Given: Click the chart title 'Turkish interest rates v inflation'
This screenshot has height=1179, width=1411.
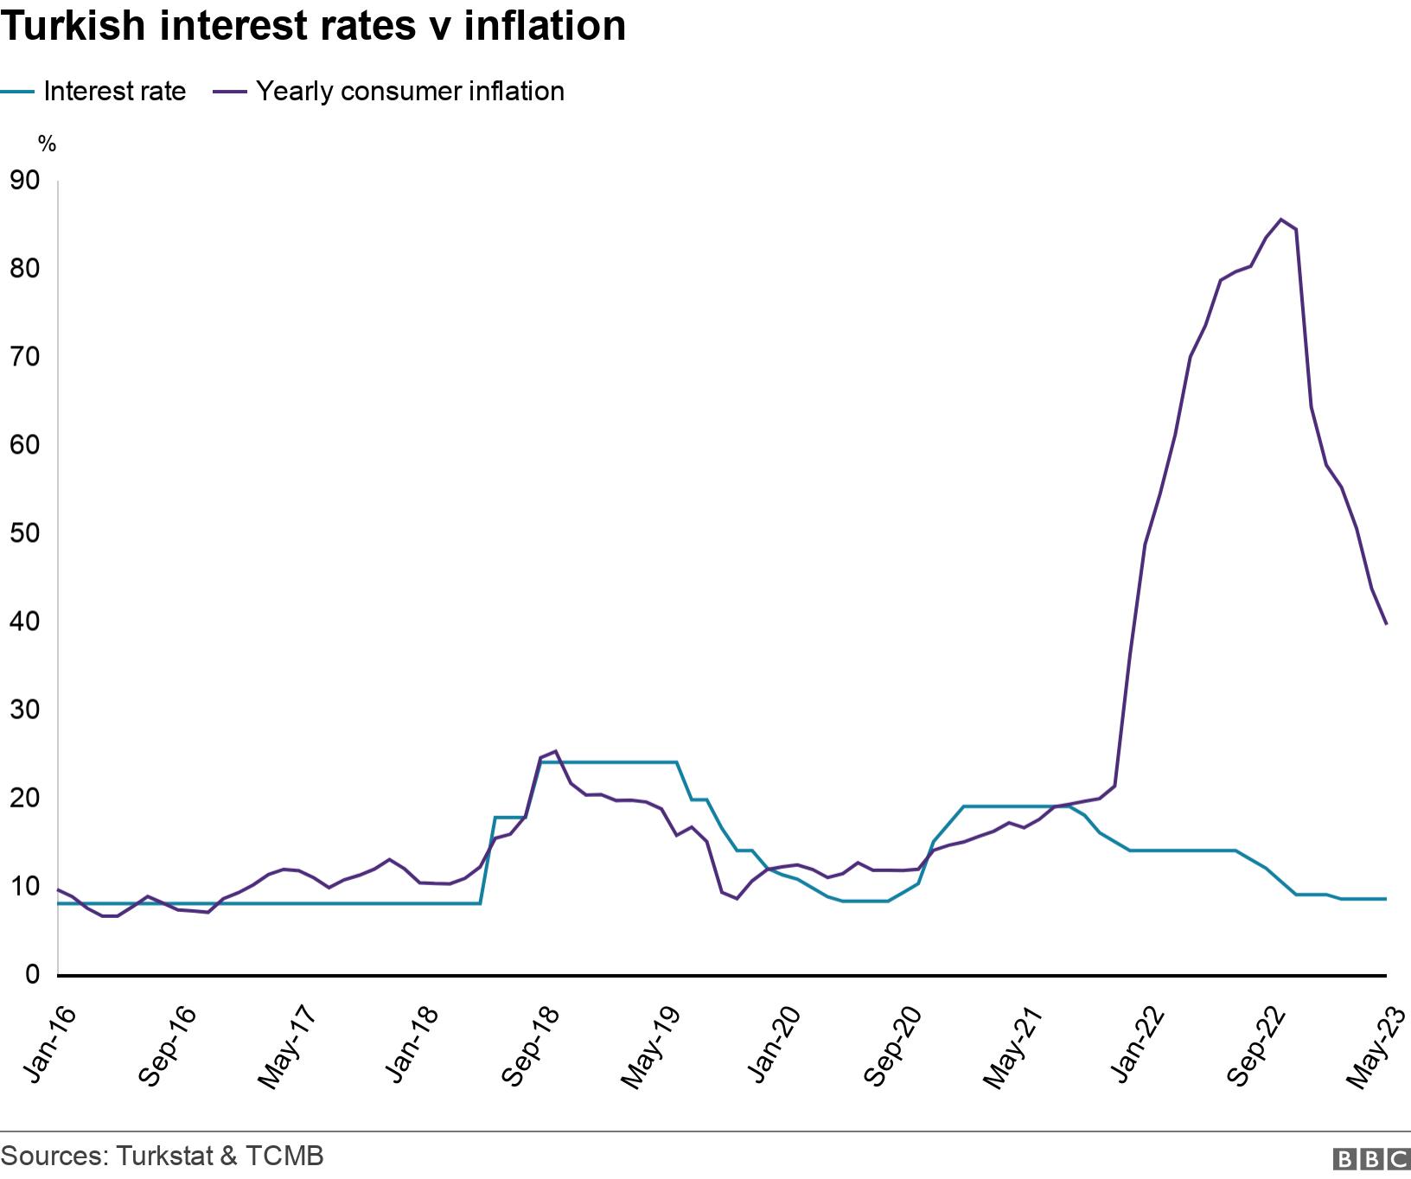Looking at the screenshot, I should [x=313, y=26].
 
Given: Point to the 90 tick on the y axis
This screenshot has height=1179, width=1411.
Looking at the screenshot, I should [x=24, y=181].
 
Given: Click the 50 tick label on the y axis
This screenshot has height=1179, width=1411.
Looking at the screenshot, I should [x=24, y=533].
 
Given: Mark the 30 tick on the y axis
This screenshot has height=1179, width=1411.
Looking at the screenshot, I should [x=24, y=710].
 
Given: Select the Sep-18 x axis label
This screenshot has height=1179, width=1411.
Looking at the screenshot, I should [x=530, y=1046].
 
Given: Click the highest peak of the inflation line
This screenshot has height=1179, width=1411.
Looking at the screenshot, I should [x=1280, y=220].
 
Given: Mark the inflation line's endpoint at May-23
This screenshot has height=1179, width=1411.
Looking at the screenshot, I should [x=1386, y=623].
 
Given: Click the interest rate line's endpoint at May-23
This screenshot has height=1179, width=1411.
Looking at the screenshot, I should [x=1386, y=899].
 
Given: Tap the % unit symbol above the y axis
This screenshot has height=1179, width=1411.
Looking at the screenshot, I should [x=47, y=144].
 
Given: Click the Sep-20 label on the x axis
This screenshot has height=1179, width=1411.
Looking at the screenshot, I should [x=894, y=1046].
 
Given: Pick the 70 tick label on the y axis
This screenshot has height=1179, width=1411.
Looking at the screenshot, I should [x=24, y=357].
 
